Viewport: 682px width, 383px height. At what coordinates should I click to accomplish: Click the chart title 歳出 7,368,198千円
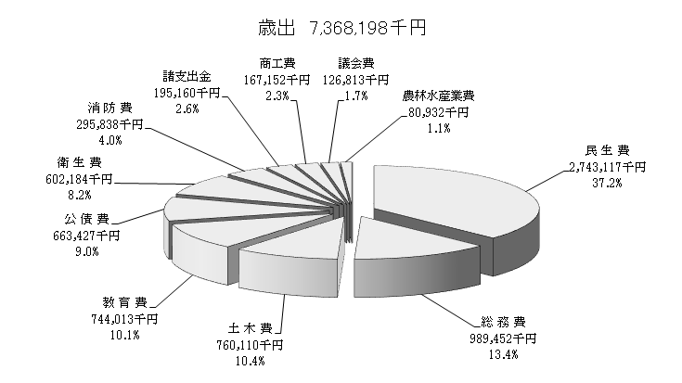tap(341, 29)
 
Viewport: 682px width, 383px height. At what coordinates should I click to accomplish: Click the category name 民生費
tap(608, 151)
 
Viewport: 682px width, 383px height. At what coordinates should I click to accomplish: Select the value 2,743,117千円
tap(608, 167)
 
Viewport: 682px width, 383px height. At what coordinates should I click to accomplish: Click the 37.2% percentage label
tap(608, 183)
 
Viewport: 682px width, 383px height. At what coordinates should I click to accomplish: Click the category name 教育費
tap(125, 302)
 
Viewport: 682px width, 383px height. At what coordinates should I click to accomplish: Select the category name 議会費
tap(356, 63)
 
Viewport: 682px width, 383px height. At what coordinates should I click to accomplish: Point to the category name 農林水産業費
tap(439, 96)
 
